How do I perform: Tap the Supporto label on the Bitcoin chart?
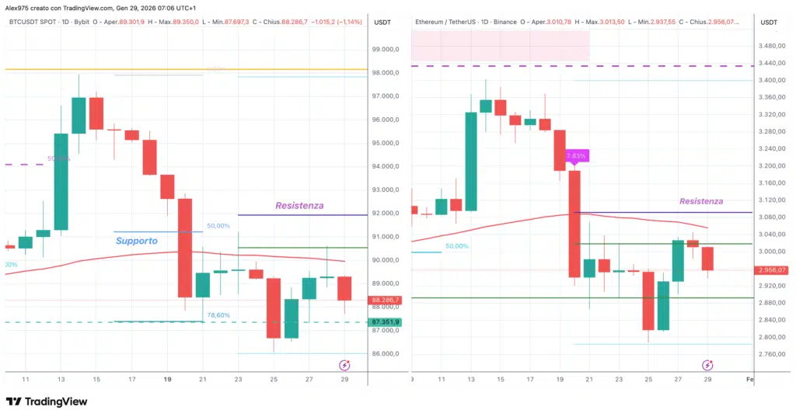click(x=137, y=241)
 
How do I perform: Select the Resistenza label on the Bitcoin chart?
click(x=299, y=206)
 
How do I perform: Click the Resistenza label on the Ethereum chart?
click(x=700, y=201)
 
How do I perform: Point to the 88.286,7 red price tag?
click(x=386, y=300)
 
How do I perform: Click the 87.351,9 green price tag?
click(x=386, y=322)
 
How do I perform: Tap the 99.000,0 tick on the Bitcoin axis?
click(x=386, y=49)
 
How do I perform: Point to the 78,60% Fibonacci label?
click(x=218, y=315)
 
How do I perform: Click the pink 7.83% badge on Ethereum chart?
click(x=576, y=156)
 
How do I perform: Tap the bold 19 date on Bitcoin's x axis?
click(x=168, y=379)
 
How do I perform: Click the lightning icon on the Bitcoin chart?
click(x=344, y=365)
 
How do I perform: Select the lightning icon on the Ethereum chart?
click(x=707, y=365)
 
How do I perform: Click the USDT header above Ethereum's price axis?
click(x=768, y=23)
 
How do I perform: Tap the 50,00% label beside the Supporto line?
click(x=218, y=226)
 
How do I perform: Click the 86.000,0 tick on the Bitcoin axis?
click(x=386, y=354)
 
